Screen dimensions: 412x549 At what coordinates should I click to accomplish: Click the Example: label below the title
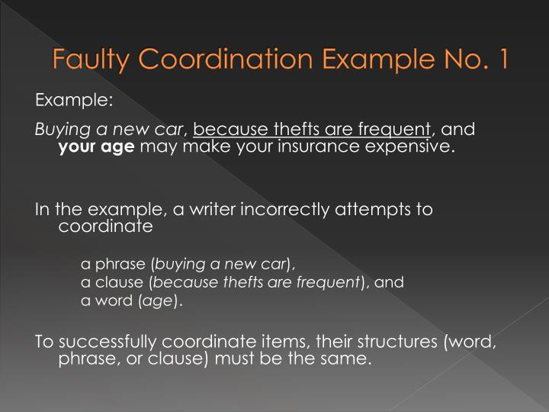click(x=74, y=100)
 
